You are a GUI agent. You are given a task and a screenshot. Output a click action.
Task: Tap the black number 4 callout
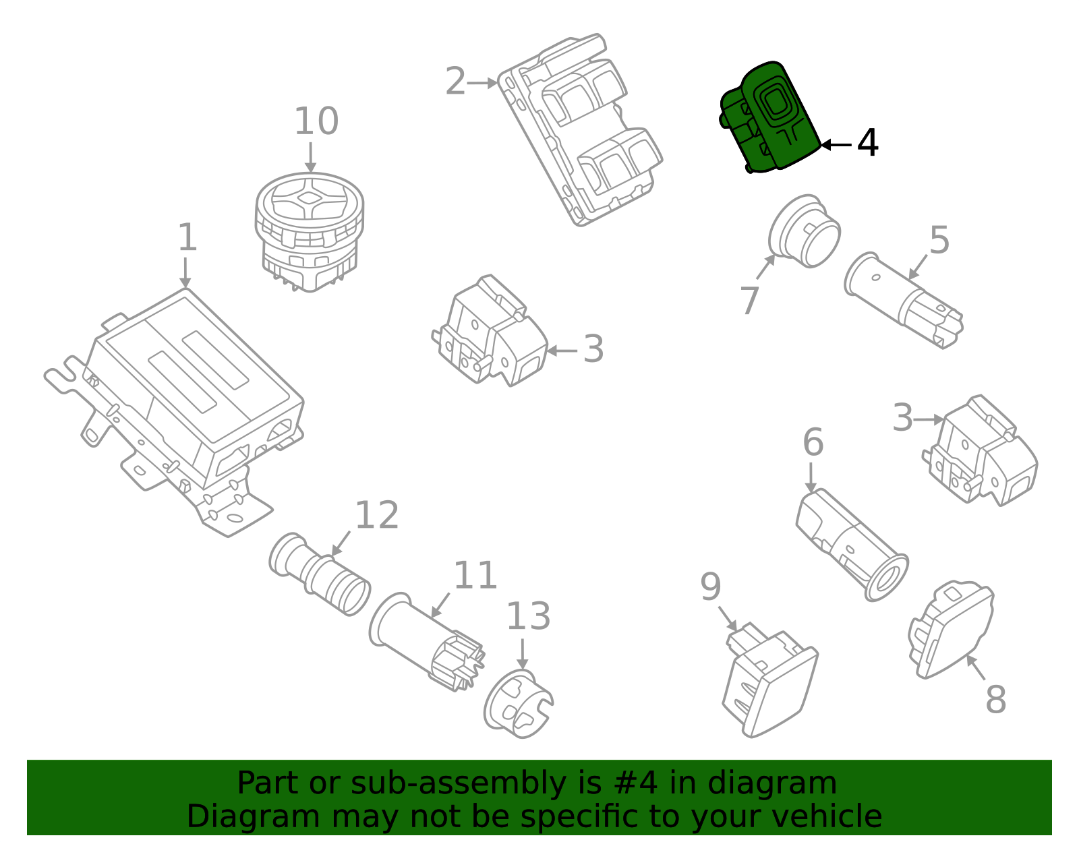tap(867, 144)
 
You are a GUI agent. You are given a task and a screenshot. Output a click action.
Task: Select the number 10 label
tap(316, 122)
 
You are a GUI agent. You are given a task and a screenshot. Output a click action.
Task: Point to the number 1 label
tap(187, 239)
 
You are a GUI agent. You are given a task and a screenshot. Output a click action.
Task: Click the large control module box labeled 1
tap(196, 391)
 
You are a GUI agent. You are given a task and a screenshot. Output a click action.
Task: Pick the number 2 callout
tap(456, 82)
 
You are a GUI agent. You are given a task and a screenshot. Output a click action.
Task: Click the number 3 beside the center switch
tap(593, 349)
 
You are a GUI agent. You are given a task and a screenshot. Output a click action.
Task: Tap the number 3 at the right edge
tap(902, 418)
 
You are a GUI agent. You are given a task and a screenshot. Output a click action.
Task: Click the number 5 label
tap(939, 240)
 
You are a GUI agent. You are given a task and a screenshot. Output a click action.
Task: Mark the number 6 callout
tap(813, 443)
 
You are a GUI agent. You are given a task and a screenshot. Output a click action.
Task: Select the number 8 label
tap(995, 700)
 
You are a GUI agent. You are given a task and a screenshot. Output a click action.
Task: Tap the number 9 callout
tap(710, 587)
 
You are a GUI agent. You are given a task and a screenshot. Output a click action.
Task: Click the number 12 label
tap(376, 516)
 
